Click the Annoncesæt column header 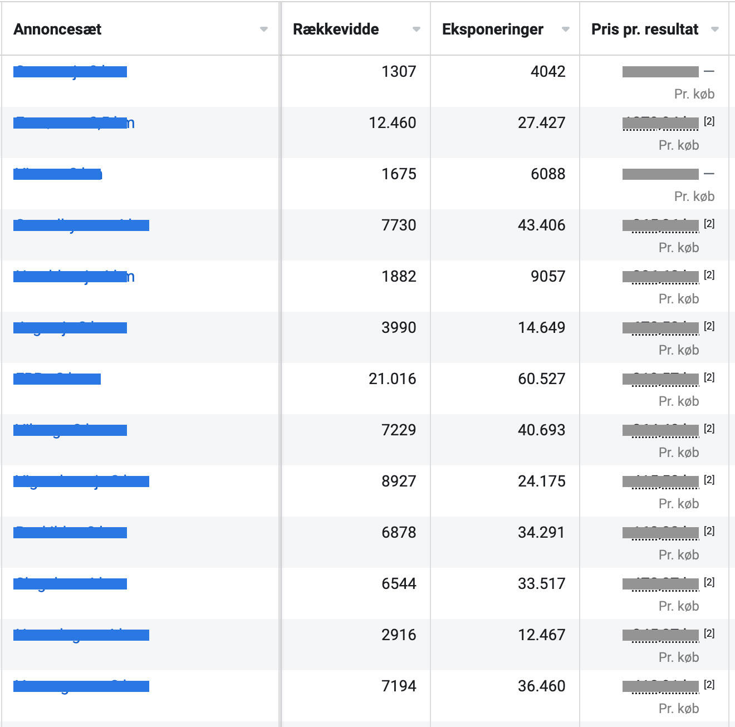click(57, 30)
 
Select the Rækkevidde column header click(336, 30)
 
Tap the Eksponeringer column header click(492, 30)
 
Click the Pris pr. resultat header click(644, 30)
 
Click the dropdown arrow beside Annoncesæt click(264, 30)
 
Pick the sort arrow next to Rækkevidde click(416, 30)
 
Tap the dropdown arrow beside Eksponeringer click(566, 30)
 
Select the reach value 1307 click(399, 72)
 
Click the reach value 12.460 click(392, 123)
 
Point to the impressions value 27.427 click(541, 123)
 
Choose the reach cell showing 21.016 click(392, 379)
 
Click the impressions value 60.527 click(541, 379)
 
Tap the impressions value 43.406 click(541, 225)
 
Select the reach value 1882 click(399, 277)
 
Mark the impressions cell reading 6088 click(548, 174)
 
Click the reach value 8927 click(399, 482)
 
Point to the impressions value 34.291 click(541, 533)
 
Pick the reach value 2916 click(399, 635)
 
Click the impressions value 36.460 click(541, 686)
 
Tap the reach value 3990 click(399, 328)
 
